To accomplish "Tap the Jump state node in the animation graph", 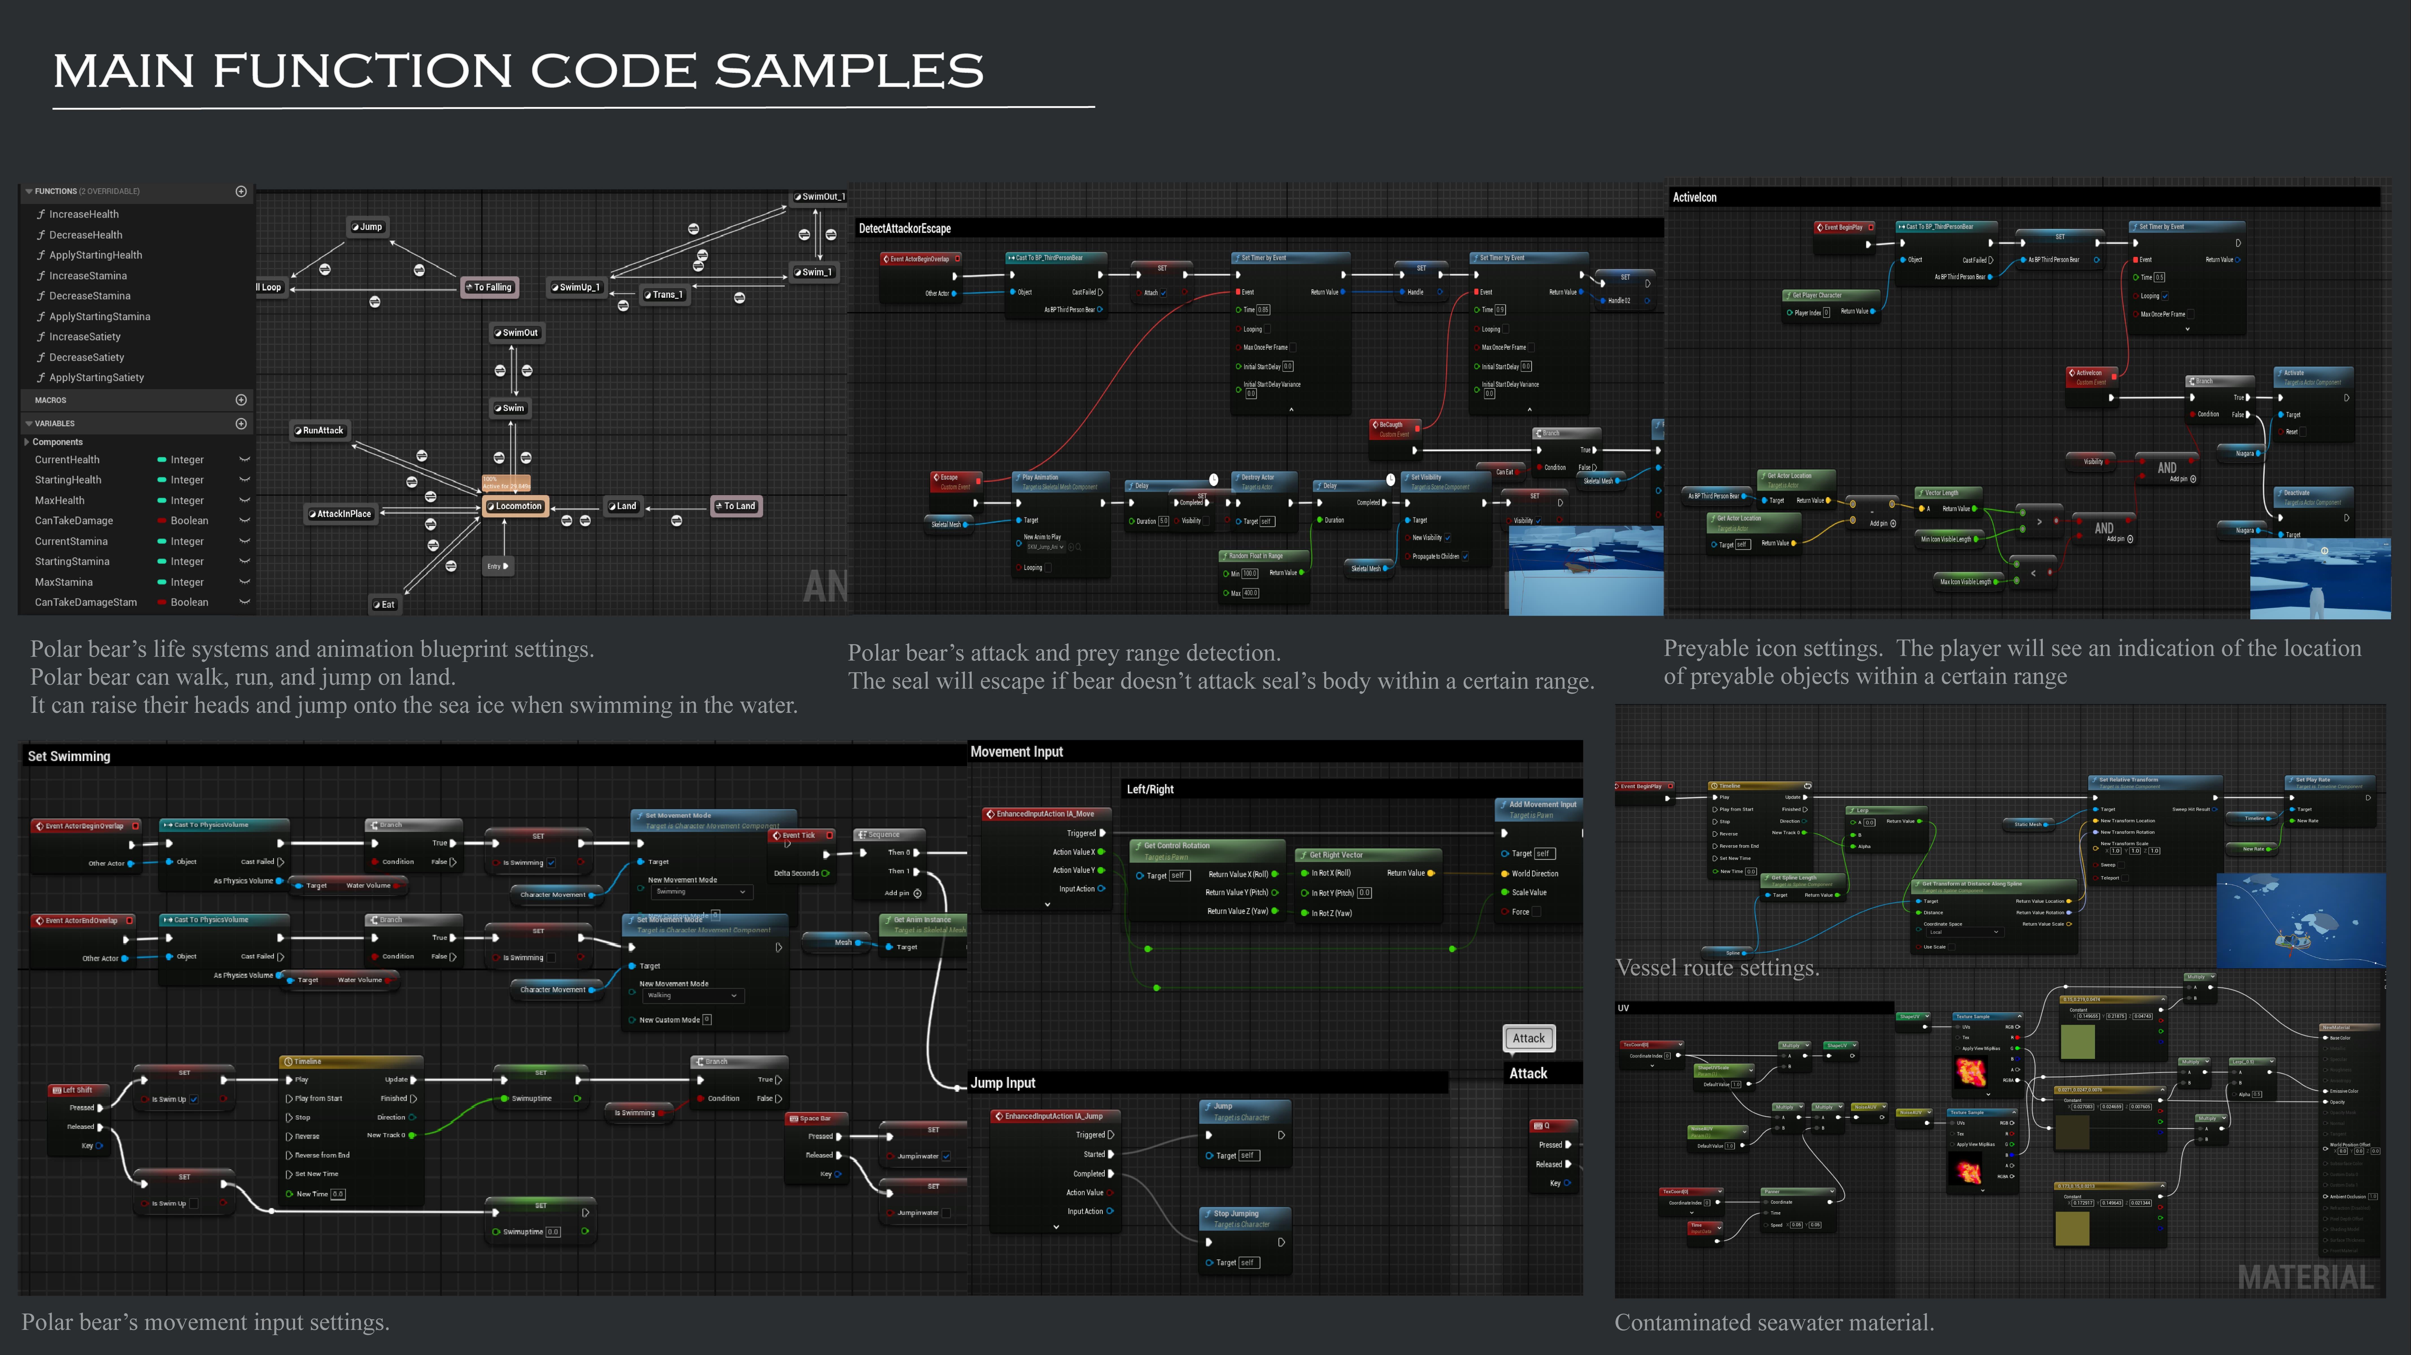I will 368,226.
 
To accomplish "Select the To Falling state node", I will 491,287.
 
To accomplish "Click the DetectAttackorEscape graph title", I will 904,228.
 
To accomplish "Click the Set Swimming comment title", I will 69,756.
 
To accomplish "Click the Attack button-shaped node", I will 1528,1038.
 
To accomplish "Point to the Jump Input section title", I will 1002,1083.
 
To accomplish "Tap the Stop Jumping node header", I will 1235,1214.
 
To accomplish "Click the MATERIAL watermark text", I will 2305,1277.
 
